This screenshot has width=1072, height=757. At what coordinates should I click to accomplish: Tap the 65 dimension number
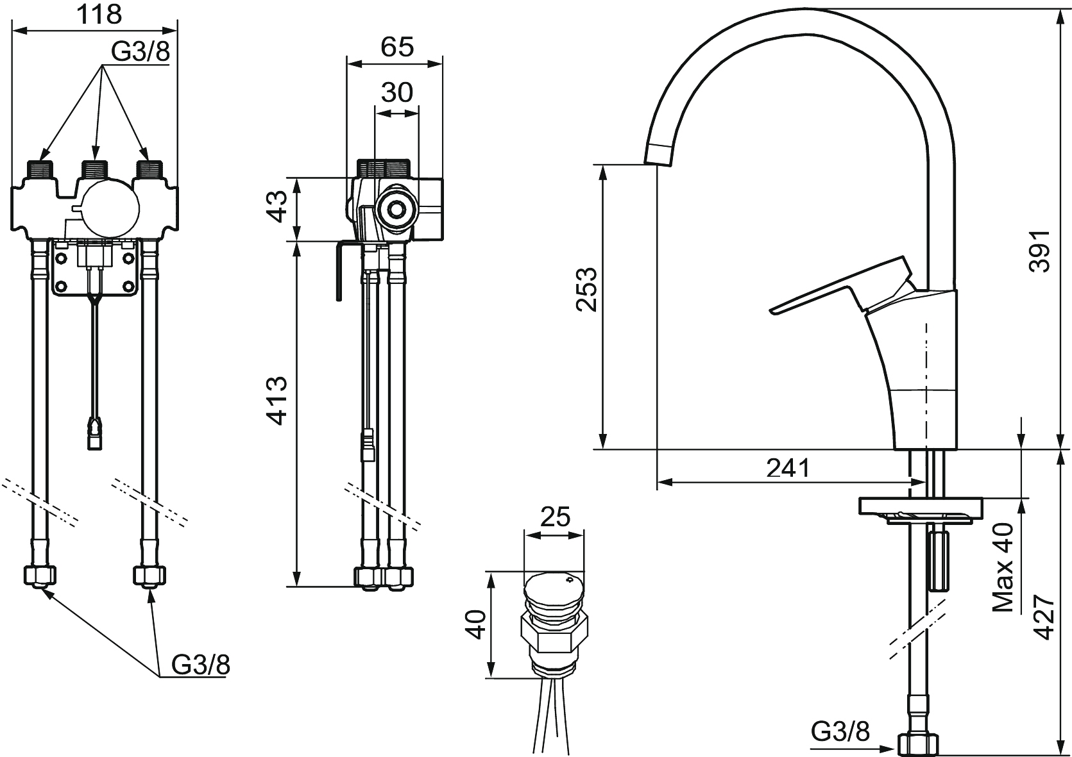pyautogui.click(x=397, y=47)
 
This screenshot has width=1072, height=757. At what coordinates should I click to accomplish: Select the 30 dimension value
pyautogui.click(x=397, y=92)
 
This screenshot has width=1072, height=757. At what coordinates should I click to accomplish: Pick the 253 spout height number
pyautogui.click(x=587, y=290)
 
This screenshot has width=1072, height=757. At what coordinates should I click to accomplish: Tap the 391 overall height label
pyautogui.click(x=1039, y=251)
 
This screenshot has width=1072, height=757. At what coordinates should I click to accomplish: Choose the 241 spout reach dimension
pyautogui.click(x=788, y=468)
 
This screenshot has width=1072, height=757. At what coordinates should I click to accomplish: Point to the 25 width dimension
pyautogui.click(x=555, y=517)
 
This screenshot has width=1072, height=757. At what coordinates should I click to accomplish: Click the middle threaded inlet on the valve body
pyautogui.click(x=96, y=170)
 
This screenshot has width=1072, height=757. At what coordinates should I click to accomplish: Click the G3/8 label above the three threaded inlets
pyautogui.click(x=140, y=52)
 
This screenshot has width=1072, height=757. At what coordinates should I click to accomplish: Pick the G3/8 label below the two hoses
pyautogui.click(x=201, y=664)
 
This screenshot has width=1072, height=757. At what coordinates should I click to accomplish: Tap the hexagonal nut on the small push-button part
pyautogui.click(x=554, y=636)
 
